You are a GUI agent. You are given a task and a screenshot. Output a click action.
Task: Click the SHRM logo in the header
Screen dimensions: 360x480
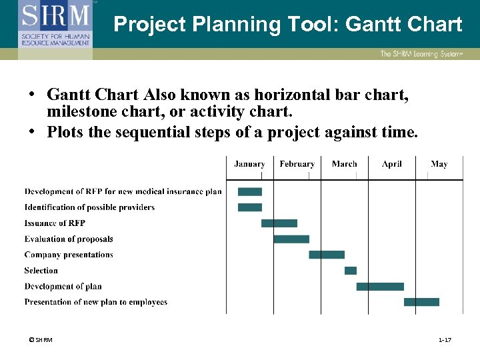[55, 24]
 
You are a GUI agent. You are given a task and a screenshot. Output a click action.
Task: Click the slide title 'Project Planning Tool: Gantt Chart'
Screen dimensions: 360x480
[287, 25]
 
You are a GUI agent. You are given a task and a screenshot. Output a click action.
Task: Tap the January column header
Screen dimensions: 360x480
[249, 164]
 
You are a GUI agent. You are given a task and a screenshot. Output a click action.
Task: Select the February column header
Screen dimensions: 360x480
[297, 164]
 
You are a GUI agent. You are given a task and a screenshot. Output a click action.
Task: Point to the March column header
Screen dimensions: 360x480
[344, 164]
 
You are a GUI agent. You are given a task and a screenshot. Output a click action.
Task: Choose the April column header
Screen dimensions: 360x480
[392, 164]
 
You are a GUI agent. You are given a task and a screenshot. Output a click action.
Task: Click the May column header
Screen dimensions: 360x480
[439, 164]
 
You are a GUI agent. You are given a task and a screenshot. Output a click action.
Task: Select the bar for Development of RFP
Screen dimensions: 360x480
[250, 191]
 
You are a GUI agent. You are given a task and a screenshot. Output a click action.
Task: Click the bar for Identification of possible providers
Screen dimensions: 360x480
[250, 207]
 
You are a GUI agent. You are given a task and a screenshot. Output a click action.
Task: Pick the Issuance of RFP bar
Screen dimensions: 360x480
[279, 223]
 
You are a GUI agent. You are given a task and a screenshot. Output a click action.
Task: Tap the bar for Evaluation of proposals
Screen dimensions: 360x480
[291, 239]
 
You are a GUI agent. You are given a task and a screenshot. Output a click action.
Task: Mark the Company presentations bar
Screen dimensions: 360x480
[327, 255]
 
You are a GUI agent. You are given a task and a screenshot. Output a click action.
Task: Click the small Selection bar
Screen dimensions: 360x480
[351, 271]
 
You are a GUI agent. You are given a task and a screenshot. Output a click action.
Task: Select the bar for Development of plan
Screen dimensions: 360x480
[380, 287]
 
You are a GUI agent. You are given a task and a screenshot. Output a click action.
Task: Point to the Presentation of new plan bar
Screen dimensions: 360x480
[421, 302]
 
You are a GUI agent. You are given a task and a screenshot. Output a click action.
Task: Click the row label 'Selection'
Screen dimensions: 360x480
[41, 271]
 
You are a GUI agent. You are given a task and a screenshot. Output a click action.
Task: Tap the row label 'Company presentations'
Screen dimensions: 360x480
[69, 255]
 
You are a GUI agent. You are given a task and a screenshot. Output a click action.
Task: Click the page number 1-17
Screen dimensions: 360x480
[445, 341]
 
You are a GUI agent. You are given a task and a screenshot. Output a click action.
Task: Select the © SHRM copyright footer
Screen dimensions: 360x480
[41, 341]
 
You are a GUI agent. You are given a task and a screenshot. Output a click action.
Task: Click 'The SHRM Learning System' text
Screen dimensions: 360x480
[421, 54]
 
